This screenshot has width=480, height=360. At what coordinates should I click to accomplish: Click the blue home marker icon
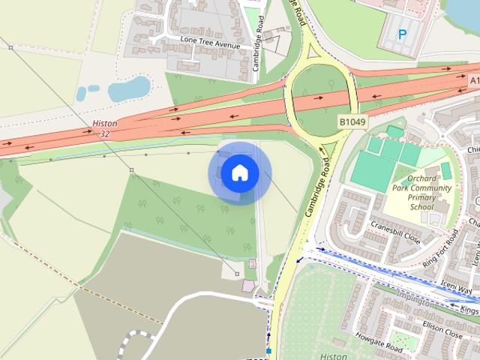[x=239, y=173]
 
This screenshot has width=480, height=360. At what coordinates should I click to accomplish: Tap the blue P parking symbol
[x=403, y=34]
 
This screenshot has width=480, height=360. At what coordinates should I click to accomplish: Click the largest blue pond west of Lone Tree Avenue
[x=128, y=89]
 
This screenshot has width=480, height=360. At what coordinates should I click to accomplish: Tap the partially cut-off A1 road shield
[x=474, y=80]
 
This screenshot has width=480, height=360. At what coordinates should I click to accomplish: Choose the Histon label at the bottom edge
[x=333, y=355]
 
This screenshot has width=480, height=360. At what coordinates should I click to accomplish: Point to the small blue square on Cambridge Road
[x=268, y=350]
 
